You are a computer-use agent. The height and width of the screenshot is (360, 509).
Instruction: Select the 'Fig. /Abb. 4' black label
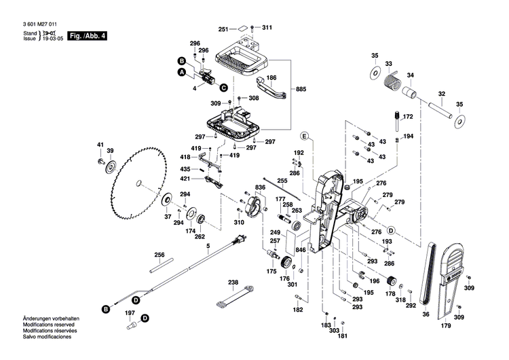point(88,35)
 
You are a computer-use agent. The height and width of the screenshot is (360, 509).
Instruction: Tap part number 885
point(301,90)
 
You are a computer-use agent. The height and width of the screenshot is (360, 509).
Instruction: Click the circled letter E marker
point(305,137)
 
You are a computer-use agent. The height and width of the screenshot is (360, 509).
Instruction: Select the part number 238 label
point(233,282)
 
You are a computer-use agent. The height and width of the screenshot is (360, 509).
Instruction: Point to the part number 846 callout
point(301,251)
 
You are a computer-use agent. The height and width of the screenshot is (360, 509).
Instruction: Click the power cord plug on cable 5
point(238,239)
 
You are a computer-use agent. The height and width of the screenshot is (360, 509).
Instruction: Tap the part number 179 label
point(445,327)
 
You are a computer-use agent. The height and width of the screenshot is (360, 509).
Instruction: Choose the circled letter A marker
point(181,72)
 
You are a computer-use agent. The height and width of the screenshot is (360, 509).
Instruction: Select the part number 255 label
point(282,181)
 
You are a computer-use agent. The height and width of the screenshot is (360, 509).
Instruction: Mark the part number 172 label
point(408,118)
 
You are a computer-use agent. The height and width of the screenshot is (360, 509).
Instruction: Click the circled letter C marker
point(223,86)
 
